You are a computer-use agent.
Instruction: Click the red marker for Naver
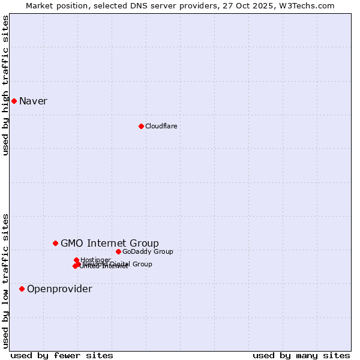point(14,101)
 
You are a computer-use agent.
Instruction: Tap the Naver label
point(33,101)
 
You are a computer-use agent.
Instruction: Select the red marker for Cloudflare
point(141,126)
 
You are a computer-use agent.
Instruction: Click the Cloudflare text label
point(161,126)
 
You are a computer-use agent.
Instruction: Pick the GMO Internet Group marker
point(55,243)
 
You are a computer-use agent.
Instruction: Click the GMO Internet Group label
point(110,243)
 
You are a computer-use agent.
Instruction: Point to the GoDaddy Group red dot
point(118,251)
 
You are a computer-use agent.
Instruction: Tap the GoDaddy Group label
point(148,251)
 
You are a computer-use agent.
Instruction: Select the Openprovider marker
point(22,289)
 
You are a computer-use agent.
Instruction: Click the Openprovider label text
point(59,289)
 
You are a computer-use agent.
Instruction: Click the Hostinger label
point(95,260)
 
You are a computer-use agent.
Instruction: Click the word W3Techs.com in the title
point(310,5)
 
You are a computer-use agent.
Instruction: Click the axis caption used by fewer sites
point(62,355)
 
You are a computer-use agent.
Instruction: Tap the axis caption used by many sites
point(301,355)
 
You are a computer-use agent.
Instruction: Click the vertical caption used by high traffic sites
point(6,85)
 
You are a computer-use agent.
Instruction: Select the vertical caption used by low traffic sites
point(6,280)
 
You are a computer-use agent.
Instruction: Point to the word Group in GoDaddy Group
point(161,251)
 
